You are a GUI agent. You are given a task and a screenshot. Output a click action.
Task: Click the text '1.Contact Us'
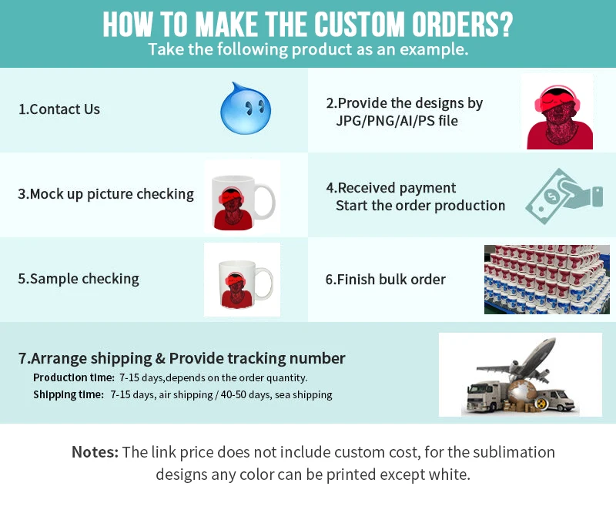coord(59,109)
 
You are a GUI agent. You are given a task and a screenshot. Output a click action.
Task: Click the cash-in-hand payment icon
coord(563,196)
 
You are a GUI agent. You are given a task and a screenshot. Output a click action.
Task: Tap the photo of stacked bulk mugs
coord(546,279)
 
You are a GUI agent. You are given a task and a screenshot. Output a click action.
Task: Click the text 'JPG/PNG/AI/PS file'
coord(397,121)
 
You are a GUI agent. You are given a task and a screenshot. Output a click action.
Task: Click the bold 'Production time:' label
coord(74,377)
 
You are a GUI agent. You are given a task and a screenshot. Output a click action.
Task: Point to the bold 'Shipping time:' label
coord(69,394)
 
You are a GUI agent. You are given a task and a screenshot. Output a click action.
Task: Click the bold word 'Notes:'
coord(95,452)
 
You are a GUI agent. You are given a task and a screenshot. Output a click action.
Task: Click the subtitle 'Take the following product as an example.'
coord(308,50)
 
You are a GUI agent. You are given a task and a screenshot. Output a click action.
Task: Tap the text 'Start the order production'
coord(420,206)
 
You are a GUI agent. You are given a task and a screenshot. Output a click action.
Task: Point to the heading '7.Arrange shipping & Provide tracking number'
coord(182,358)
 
